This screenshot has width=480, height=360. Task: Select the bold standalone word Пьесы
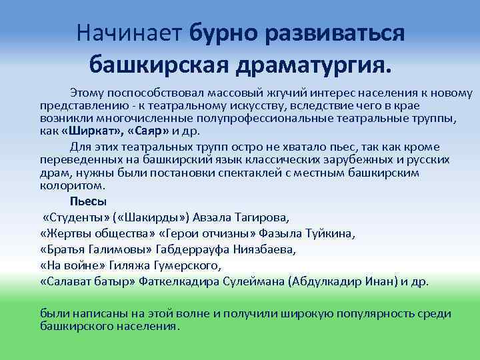click(x=88, y=201)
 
